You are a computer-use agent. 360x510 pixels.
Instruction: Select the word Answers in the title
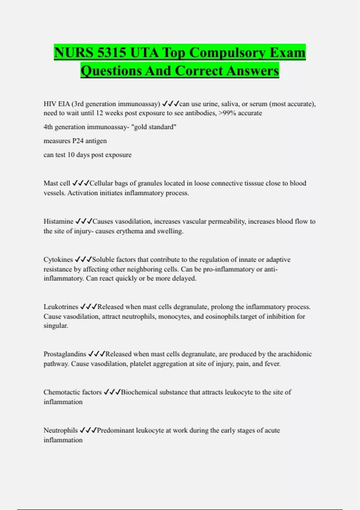coord(253,71)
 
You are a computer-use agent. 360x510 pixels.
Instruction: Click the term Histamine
coord(58,221)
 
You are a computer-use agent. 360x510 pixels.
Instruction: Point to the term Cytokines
coord(58,259)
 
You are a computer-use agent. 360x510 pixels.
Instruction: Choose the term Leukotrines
coord(61,307)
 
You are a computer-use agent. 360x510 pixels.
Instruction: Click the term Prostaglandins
coord(65,354)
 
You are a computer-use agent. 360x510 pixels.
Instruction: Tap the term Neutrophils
coord(61,430)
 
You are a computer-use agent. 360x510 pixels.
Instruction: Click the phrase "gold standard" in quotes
coord(154,127)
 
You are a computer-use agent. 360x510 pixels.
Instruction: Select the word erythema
coord(129,231)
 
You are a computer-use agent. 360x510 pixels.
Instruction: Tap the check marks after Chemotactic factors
coord(112,392)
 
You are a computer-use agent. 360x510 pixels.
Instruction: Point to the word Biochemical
coord(139,392)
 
